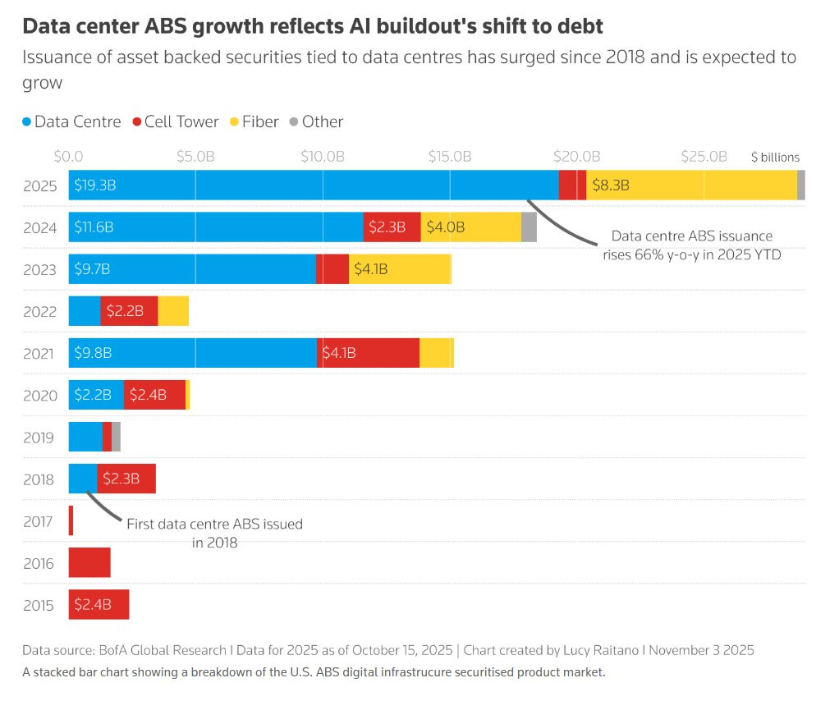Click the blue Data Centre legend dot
click(27, 122)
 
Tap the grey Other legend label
click(322, 121)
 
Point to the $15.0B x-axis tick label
click(450, 156)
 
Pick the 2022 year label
click(40, 311)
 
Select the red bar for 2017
click(71, 521)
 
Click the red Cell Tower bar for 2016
click(89, 563)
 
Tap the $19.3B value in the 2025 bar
click(94, 186)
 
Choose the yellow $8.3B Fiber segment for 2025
click(691, 186)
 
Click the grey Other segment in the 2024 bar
click(529, 227)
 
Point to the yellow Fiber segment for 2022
click(173, 311)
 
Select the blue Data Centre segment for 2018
click(82, 479)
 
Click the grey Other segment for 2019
click(117, 437)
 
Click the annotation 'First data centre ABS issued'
click(214, 524)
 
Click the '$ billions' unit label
click(775, 157)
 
